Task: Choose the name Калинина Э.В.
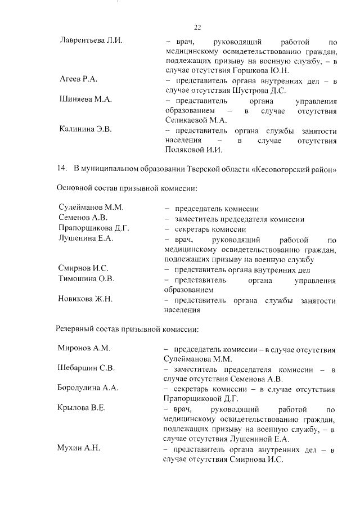85,130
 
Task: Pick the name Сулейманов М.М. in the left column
90,208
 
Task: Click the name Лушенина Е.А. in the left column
85,238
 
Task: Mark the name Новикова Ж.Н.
85,299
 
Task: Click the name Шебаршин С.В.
86,368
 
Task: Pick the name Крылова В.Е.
82,408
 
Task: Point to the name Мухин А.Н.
79,448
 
